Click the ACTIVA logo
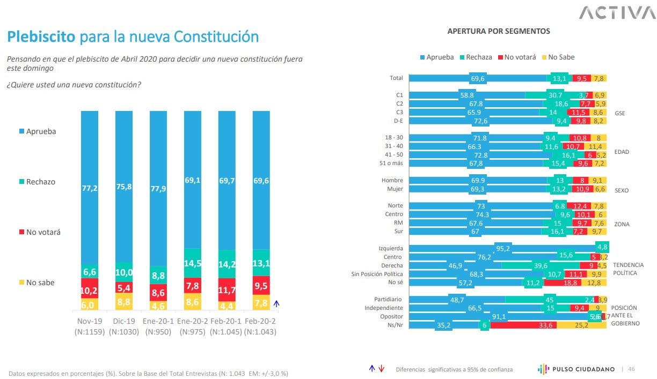pos(614,12)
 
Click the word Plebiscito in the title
pos(41,36)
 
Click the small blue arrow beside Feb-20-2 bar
pos(277,303)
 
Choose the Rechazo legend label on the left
pos(41,182)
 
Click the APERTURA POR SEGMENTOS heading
pos(499,31)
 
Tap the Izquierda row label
pos(391,248)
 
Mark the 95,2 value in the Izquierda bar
pos(503,248)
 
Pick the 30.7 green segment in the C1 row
pos(552,95)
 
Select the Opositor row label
pos(392,316)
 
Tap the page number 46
pos(631,369)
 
